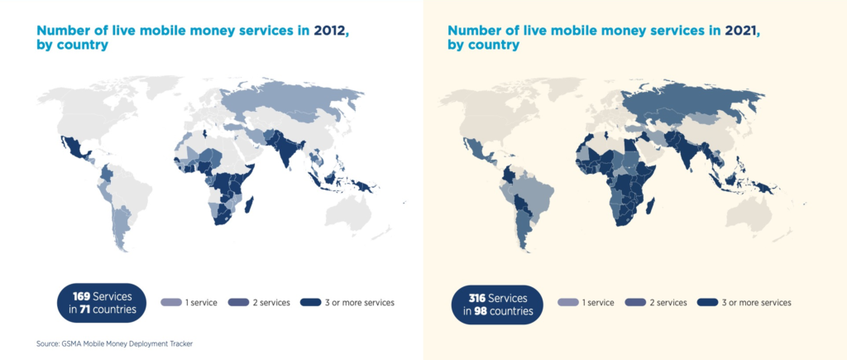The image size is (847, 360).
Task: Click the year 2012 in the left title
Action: [328, 31]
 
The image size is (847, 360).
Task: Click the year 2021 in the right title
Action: [739, 31]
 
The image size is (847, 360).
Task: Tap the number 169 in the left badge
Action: [81, 296]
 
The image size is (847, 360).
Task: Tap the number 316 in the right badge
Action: [476, 298]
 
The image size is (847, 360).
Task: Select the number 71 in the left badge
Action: [85, 310]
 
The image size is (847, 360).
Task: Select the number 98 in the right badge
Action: [481, 311]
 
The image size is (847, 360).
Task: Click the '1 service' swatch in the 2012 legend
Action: [170, 303]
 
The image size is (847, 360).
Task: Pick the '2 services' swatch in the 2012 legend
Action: [239, 303]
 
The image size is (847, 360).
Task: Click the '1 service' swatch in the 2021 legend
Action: [567, 303]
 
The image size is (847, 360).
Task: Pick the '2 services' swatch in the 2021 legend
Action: [636, 303]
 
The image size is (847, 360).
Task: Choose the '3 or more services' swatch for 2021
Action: [708, 303]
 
